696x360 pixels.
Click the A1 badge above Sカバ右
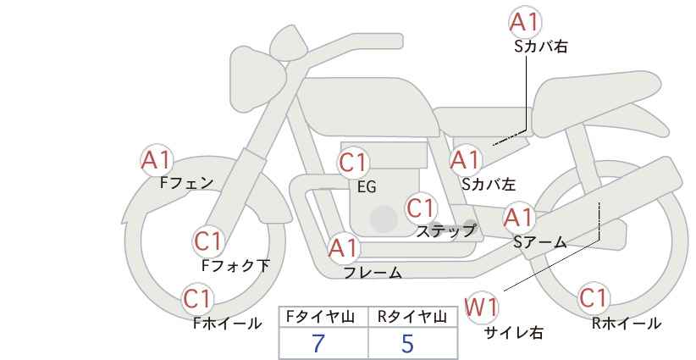coord(525,22)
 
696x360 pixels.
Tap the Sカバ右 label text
coord(541,47)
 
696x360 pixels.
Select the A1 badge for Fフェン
coord(157,160)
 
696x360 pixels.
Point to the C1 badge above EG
coord(353,163)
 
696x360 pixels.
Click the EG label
coord(367,187)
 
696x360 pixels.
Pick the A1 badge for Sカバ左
coord(466,160)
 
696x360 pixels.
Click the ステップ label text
coord(445,231)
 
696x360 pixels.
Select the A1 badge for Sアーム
coord(518,218)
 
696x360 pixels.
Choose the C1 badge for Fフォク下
coord(208,242)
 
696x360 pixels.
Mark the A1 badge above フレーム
coord(344,248)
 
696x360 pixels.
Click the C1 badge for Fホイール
coord(198,299)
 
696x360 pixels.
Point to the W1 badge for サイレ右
coord(481,307)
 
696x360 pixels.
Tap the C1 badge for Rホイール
coord(594,298)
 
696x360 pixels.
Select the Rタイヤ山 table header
coord(412,317)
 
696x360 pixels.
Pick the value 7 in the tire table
coord(318,343)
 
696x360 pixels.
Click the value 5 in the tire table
coord(407,343)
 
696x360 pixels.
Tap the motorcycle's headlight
coord(258,79)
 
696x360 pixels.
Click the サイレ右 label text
coord(514,332)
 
